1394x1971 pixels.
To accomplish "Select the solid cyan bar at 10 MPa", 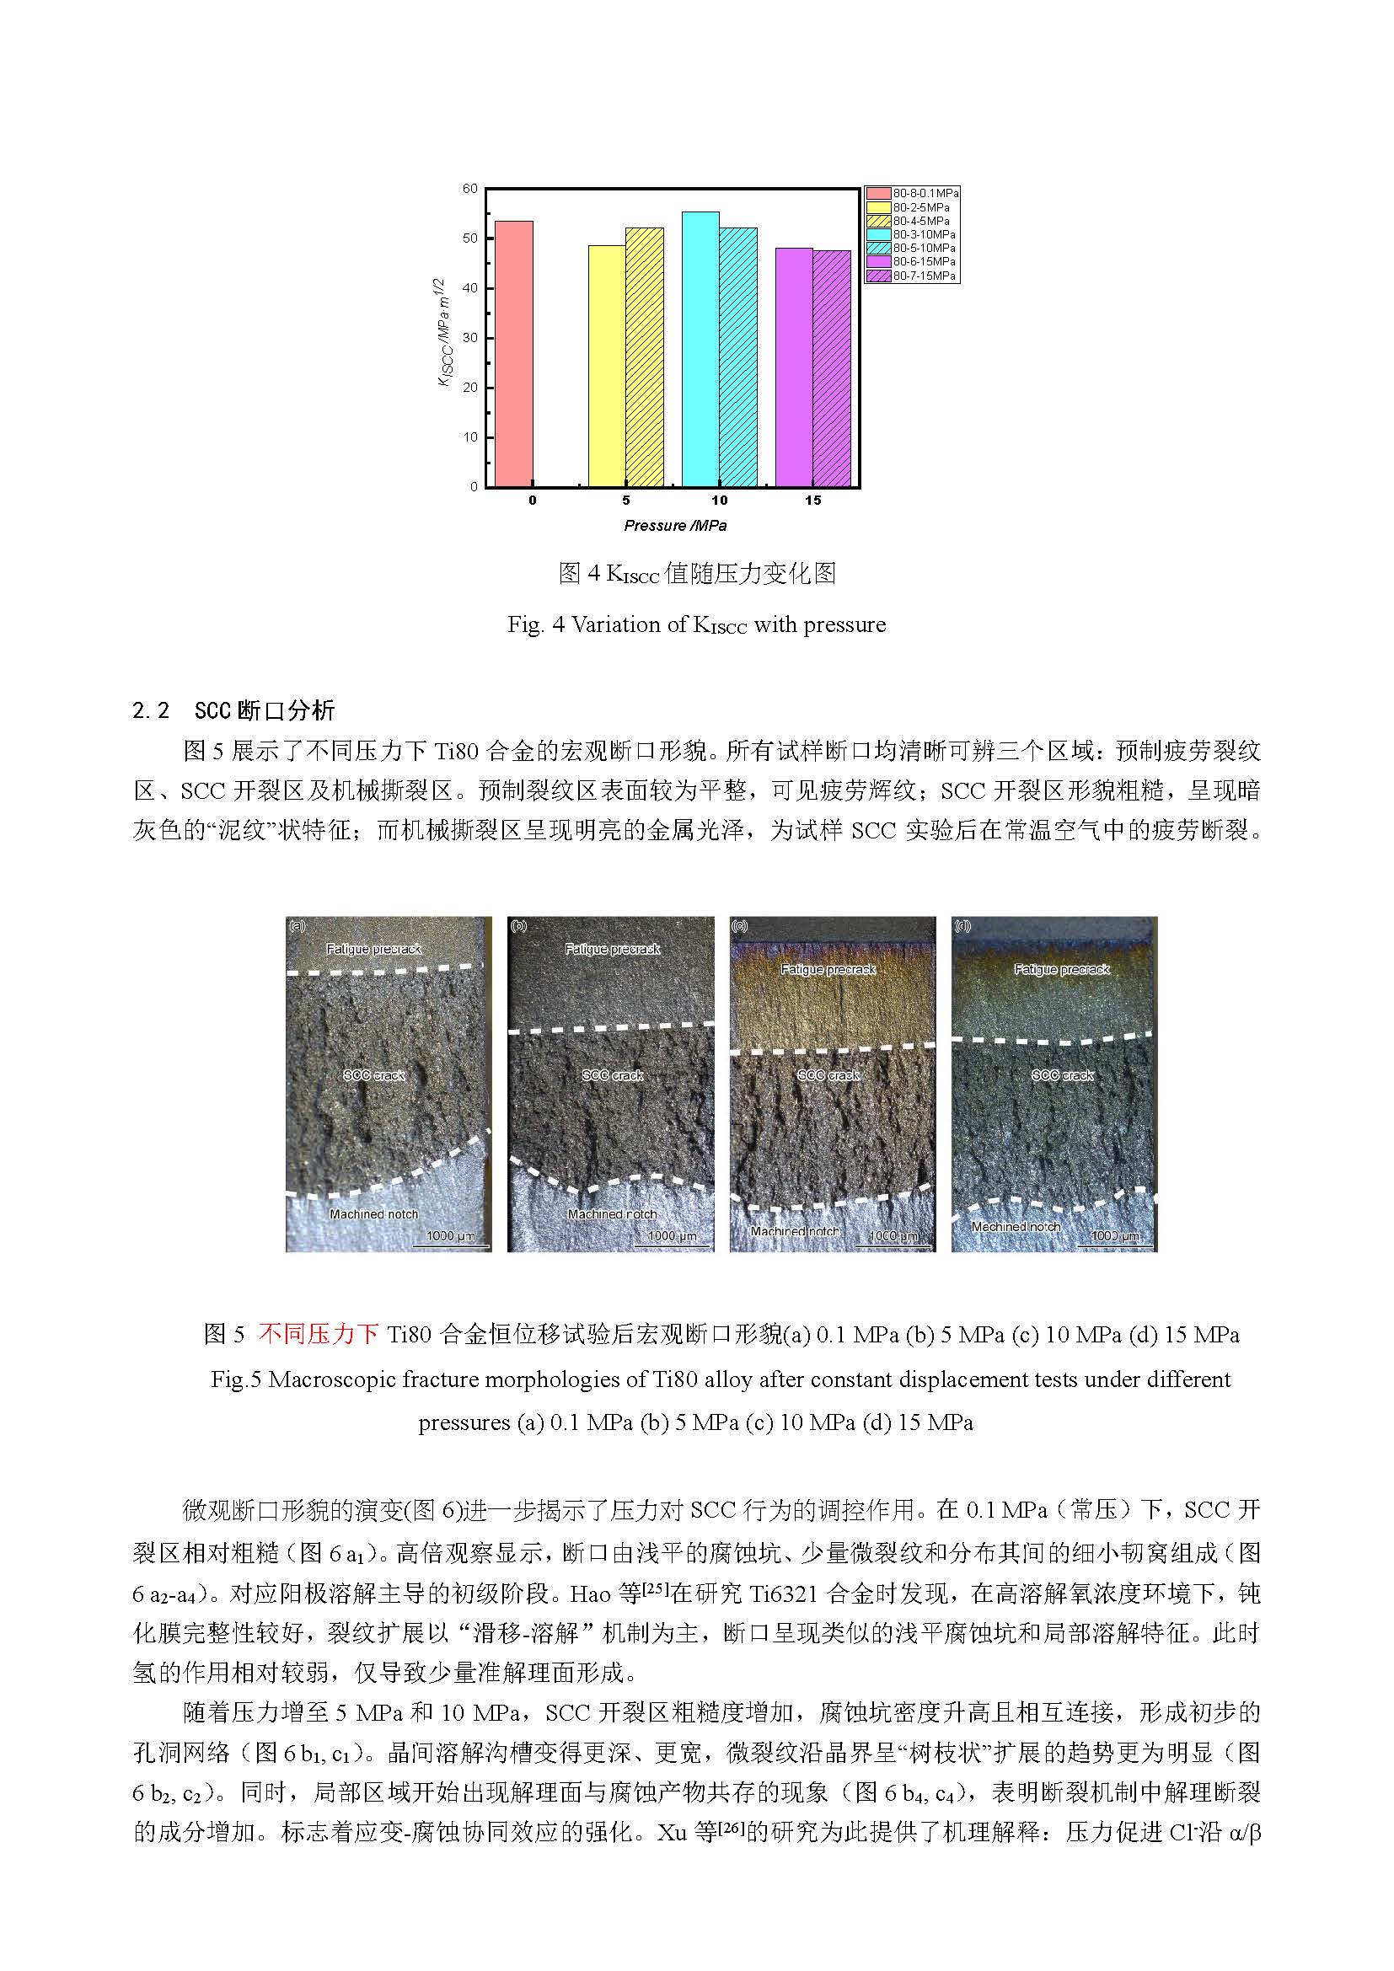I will pos(700,349).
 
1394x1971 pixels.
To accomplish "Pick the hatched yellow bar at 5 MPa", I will pos(644,357).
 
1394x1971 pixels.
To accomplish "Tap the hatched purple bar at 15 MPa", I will pos(832,368).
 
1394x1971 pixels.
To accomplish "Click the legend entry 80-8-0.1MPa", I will pos(913,194).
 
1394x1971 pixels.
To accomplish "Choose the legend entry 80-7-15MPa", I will pos(913,276).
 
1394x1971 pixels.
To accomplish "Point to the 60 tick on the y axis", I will pos(469,189).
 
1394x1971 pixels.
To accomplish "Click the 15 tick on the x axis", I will pos(812,501).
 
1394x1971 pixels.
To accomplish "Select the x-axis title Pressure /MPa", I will pos(676,525).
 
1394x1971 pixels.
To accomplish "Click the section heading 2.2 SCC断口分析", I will pos(233,710).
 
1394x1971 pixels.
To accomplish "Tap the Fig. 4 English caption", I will pos(696,624).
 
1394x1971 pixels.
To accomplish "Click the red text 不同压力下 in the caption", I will pos(319,1334).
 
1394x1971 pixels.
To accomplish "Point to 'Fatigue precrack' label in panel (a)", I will pos(373,950).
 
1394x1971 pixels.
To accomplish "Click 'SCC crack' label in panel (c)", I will pos(828,1074).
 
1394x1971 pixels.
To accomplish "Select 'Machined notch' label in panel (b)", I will pos(612,1213).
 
